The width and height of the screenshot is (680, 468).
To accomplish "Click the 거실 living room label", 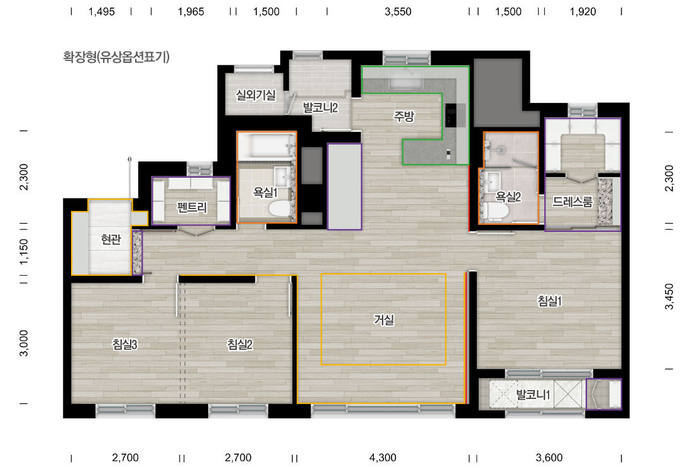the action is click(x=384, y=320).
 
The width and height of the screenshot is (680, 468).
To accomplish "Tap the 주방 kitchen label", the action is click(x=403, y=116).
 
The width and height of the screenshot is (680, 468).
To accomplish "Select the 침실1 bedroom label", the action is click(x=549, y=300).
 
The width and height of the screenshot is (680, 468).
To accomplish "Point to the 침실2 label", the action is click(x=240, y=344).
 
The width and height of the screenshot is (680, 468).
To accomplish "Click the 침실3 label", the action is click(x=125, y=344).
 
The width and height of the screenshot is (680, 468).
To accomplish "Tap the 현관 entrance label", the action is click(x=111, y=239).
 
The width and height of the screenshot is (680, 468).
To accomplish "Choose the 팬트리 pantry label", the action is click(x=192, y=207).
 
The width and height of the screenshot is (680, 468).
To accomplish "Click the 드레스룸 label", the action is click(x=572, y=202).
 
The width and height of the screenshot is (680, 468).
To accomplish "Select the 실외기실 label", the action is click(x=255, y=95).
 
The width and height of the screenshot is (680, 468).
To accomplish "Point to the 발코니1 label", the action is click(x=533, y=395).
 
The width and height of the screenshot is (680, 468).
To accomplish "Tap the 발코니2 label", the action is click(x=320, y=107).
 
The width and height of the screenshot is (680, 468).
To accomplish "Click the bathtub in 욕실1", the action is click(x=266, y=146).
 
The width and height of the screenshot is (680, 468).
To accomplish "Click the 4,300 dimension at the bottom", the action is click(x=383, y=457).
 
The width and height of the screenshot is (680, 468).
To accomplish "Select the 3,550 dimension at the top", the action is click(x=398, y=12).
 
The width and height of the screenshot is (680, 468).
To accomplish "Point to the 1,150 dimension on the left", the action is click(x=24, y=251).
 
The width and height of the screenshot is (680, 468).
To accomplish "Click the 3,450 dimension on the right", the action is click(x=669, y=297).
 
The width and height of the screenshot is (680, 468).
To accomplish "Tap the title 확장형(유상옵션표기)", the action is click(x=116, y=57).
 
